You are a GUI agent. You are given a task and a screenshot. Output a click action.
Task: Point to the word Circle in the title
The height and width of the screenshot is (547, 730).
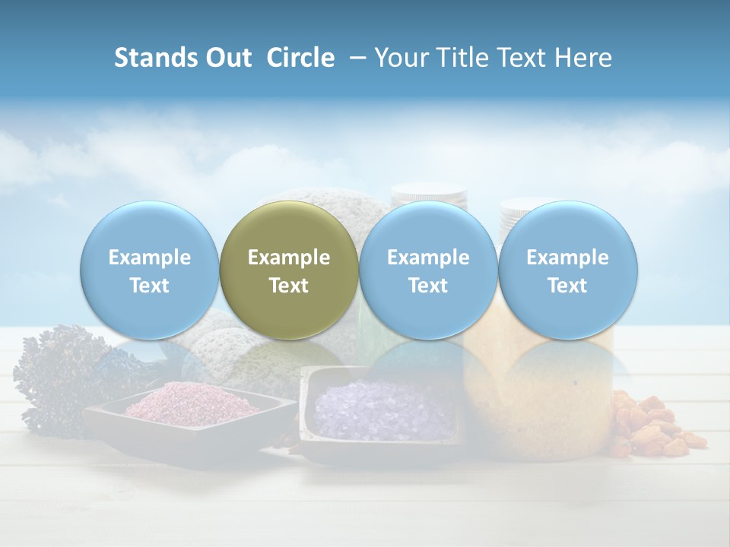(300, 58)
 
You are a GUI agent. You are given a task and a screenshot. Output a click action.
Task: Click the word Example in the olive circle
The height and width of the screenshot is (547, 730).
(289, 258)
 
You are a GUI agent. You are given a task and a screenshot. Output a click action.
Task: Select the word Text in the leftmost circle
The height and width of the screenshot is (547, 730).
(149, 286)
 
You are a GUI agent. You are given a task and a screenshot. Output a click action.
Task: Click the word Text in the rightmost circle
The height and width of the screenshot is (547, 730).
(567, 286)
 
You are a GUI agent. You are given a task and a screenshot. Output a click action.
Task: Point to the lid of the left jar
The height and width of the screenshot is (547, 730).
(427, 191)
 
